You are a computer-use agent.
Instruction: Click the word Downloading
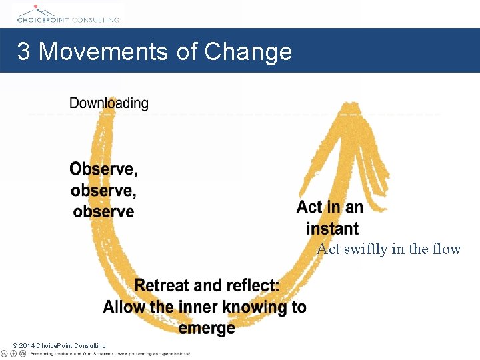click(x=109, y=103)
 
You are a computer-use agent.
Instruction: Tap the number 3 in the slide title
click(x=23, y=51)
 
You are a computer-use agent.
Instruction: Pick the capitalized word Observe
click(x=103, y=169)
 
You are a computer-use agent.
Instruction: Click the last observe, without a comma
click(x=103, y=212)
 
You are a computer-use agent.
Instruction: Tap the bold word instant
click(x=332, y=229)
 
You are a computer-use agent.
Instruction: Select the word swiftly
click(x=365, y=249)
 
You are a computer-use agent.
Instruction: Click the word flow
click(x=446, y=249)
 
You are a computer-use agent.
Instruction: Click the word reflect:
click(x=248, y=285)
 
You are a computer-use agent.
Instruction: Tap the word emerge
click(x=207, y=328)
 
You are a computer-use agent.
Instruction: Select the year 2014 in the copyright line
click(x=27, y=345)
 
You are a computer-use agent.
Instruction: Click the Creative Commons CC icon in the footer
click(x=5, y=353)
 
